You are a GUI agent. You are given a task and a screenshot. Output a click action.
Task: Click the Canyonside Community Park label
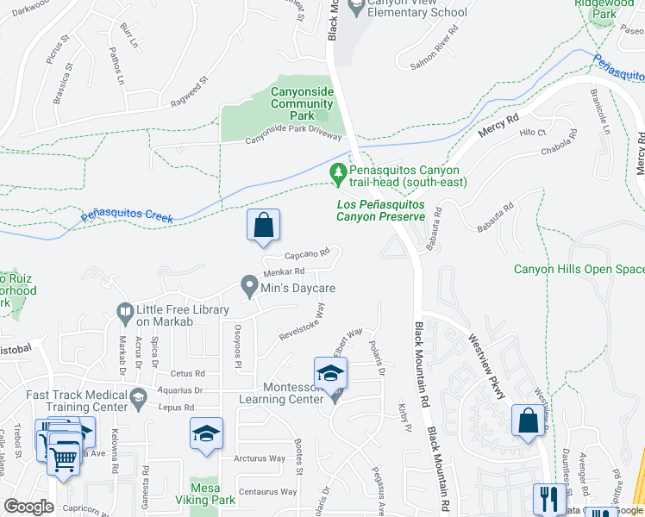coord(302,104)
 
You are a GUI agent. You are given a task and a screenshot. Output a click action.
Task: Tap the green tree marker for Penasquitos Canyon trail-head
coord(340,174)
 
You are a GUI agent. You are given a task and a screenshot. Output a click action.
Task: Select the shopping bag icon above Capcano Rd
coord(264,226)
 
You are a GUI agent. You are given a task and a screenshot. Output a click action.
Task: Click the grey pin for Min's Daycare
coord(249,284)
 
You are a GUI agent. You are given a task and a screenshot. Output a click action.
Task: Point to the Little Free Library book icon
coord(125,310)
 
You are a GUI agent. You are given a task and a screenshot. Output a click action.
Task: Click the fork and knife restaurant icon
coord(548,499)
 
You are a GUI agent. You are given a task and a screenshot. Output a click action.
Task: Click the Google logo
coord(29,508)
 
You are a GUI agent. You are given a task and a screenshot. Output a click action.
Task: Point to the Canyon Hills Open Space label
coord(579,269)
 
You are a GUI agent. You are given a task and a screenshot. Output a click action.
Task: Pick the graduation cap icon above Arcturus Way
coord(206,434)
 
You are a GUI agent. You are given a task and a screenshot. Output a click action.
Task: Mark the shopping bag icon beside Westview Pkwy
coord(529,422)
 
